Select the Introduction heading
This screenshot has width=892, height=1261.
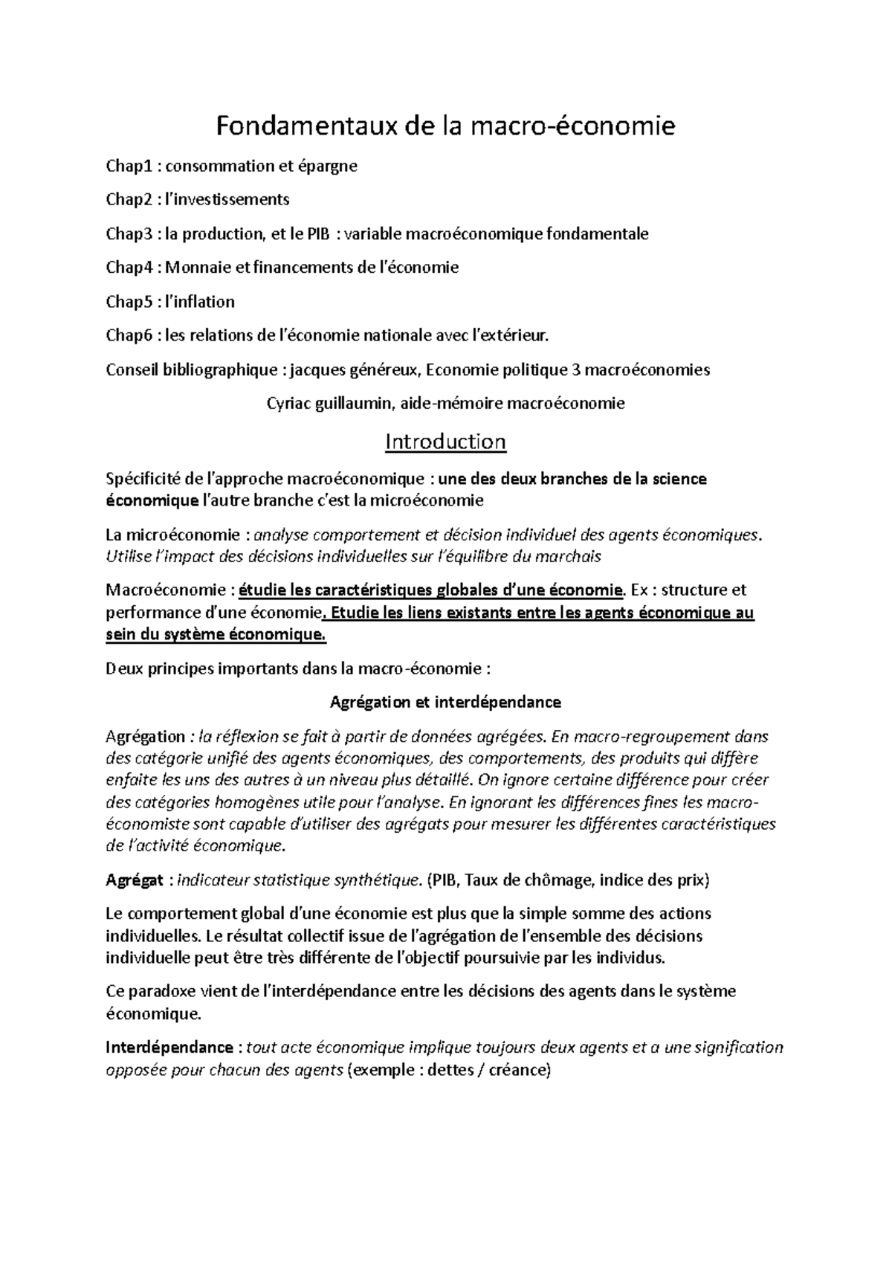(x=445, y=442)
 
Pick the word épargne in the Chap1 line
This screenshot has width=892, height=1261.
(x=328, y=167)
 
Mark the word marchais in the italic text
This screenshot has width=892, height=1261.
(x=567, y=556)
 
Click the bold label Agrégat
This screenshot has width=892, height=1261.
(x=134, y=881)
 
